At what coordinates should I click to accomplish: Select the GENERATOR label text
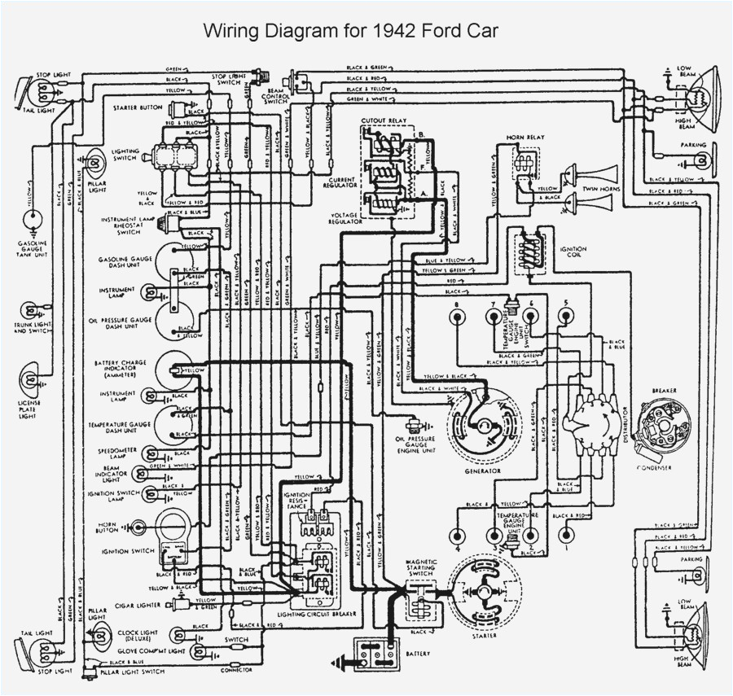(483, 471)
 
